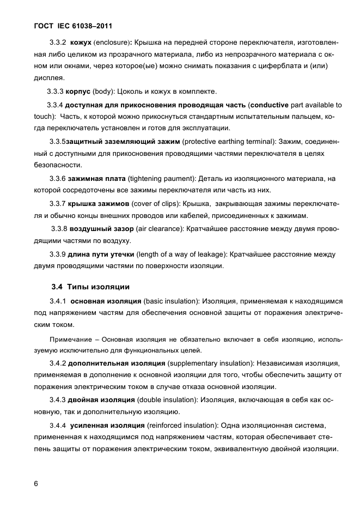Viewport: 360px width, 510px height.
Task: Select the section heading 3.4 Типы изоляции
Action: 90,287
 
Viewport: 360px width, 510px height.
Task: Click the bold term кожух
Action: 81,42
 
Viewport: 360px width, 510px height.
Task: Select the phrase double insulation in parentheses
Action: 170,399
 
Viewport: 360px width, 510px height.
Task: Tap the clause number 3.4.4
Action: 58,424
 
